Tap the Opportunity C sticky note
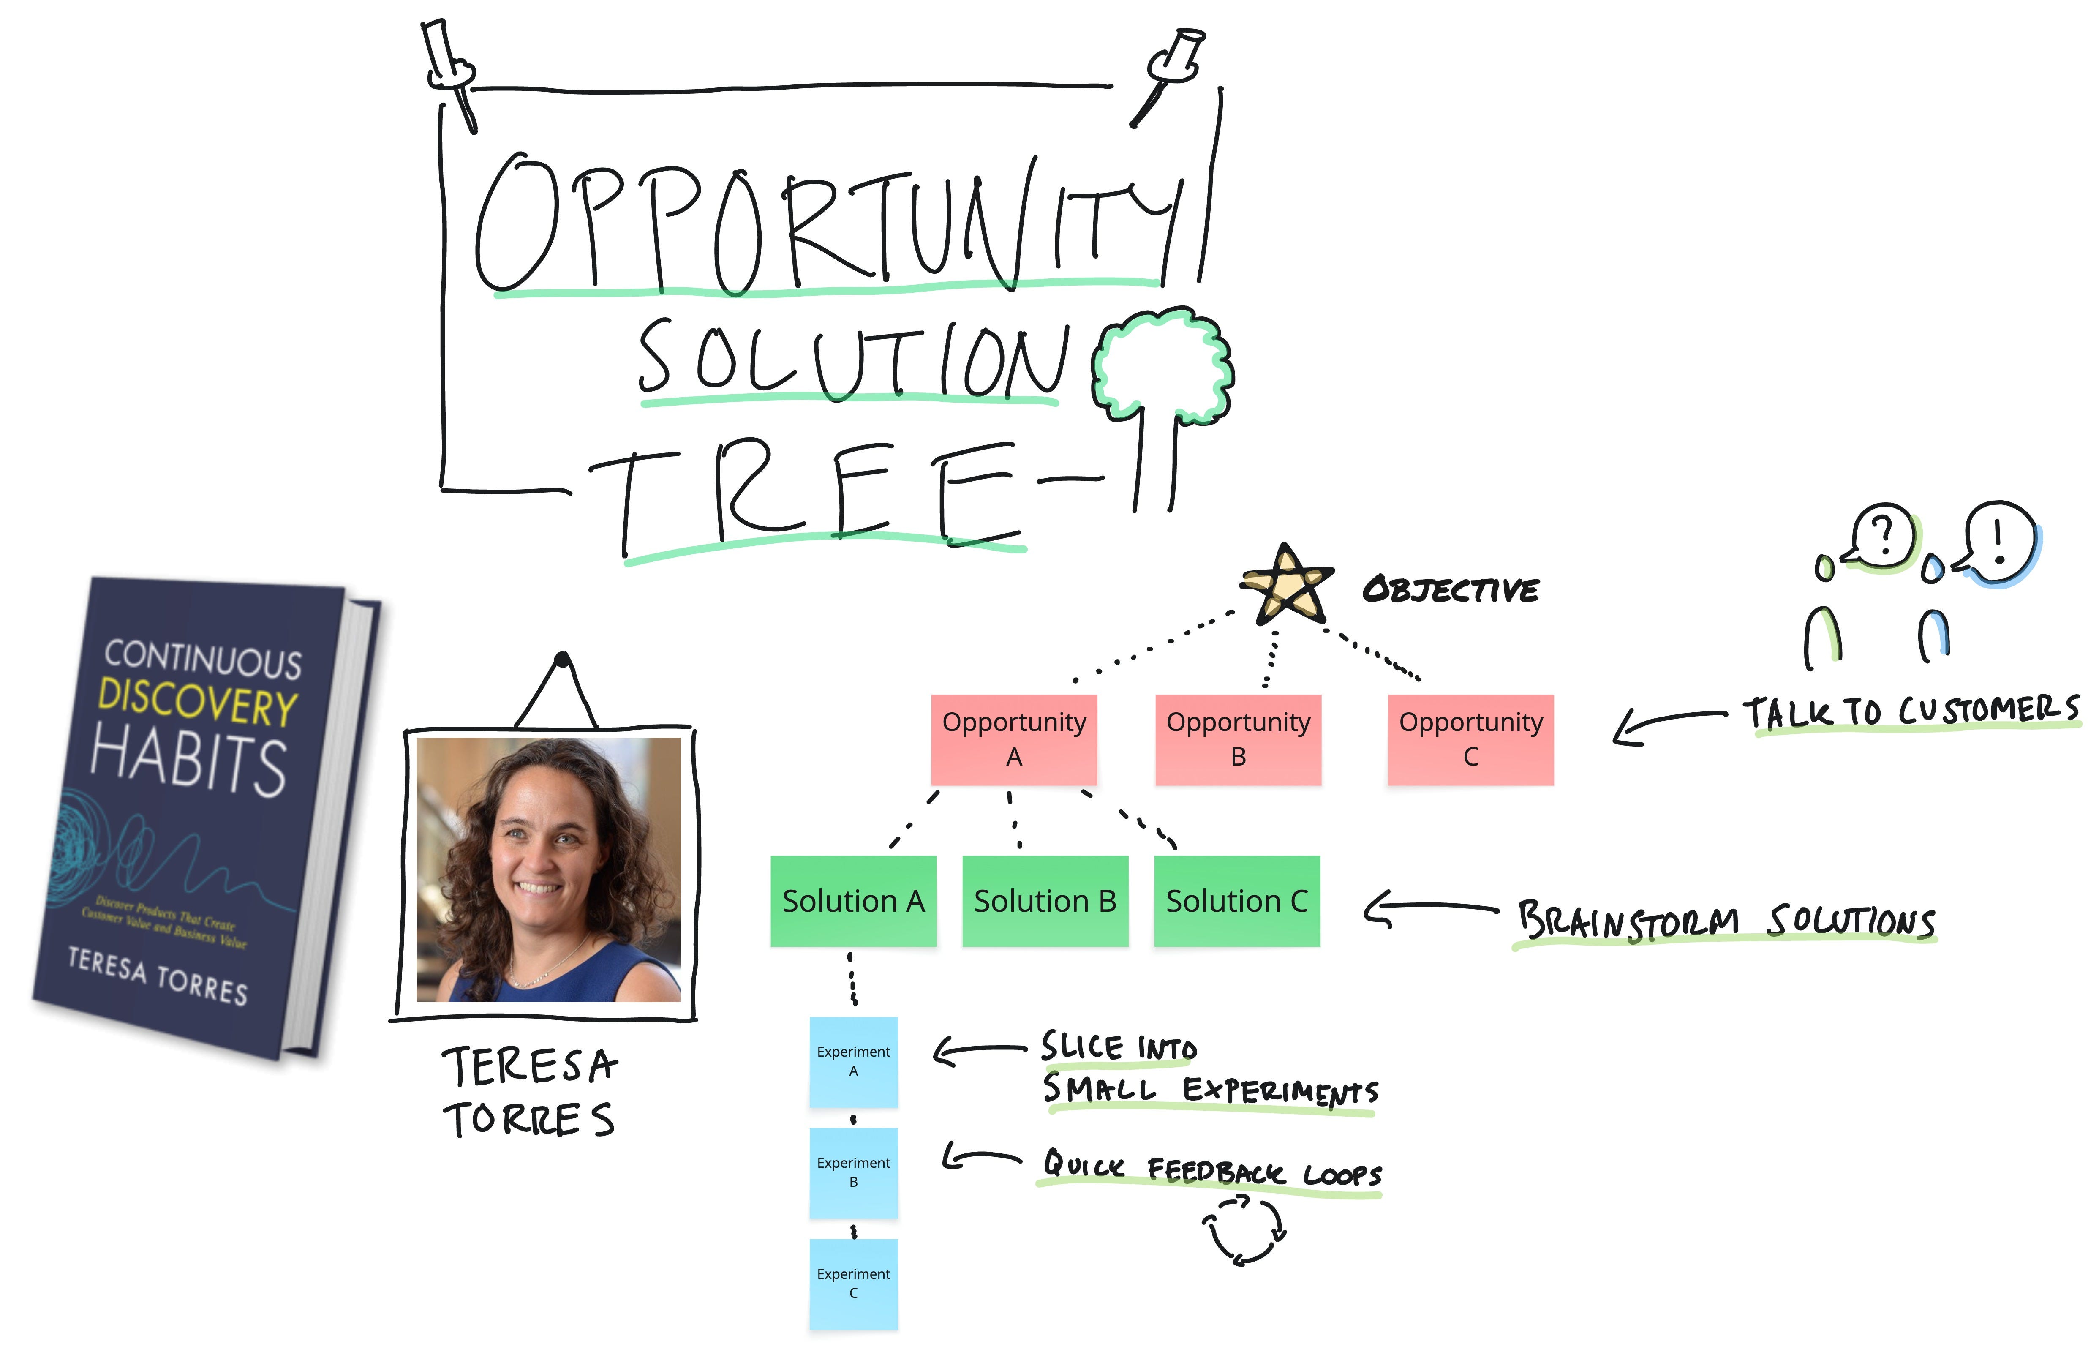click(x=1470, y=739)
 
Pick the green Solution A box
click(x=853, y=900)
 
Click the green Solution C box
click(x=1236, y=900)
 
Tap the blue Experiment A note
click(x=853, y=1061)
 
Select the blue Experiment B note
click(x=853, y=1172)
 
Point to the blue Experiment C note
click(x=853, y=1283)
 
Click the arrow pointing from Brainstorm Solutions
click(x=1429, y=908)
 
